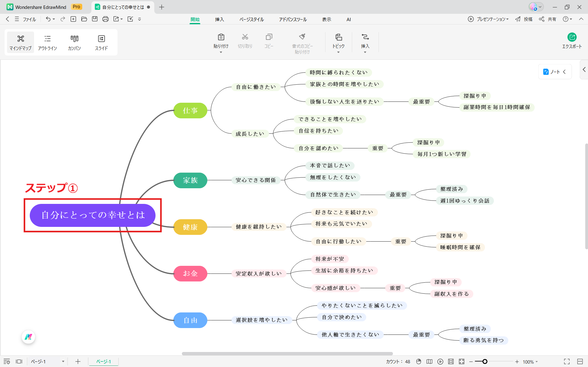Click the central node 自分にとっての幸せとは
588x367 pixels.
92,215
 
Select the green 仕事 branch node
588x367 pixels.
190,110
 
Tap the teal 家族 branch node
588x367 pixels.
190,180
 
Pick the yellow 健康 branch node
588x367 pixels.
190,227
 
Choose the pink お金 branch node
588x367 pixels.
190,273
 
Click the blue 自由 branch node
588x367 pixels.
190,320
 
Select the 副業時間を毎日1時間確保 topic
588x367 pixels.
497,107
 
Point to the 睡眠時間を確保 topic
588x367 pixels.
460,247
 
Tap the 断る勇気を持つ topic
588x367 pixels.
484,340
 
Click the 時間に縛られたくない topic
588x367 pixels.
339,73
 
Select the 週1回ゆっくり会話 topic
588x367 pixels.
465,201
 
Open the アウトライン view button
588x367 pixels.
48,42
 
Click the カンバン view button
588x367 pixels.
75,42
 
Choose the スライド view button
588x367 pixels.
102,42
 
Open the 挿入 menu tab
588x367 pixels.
220,19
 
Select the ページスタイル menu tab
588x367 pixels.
252,19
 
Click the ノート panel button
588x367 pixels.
555,72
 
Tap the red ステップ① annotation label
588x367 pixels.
51,188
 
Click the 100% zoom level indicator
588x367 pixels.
528,362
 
